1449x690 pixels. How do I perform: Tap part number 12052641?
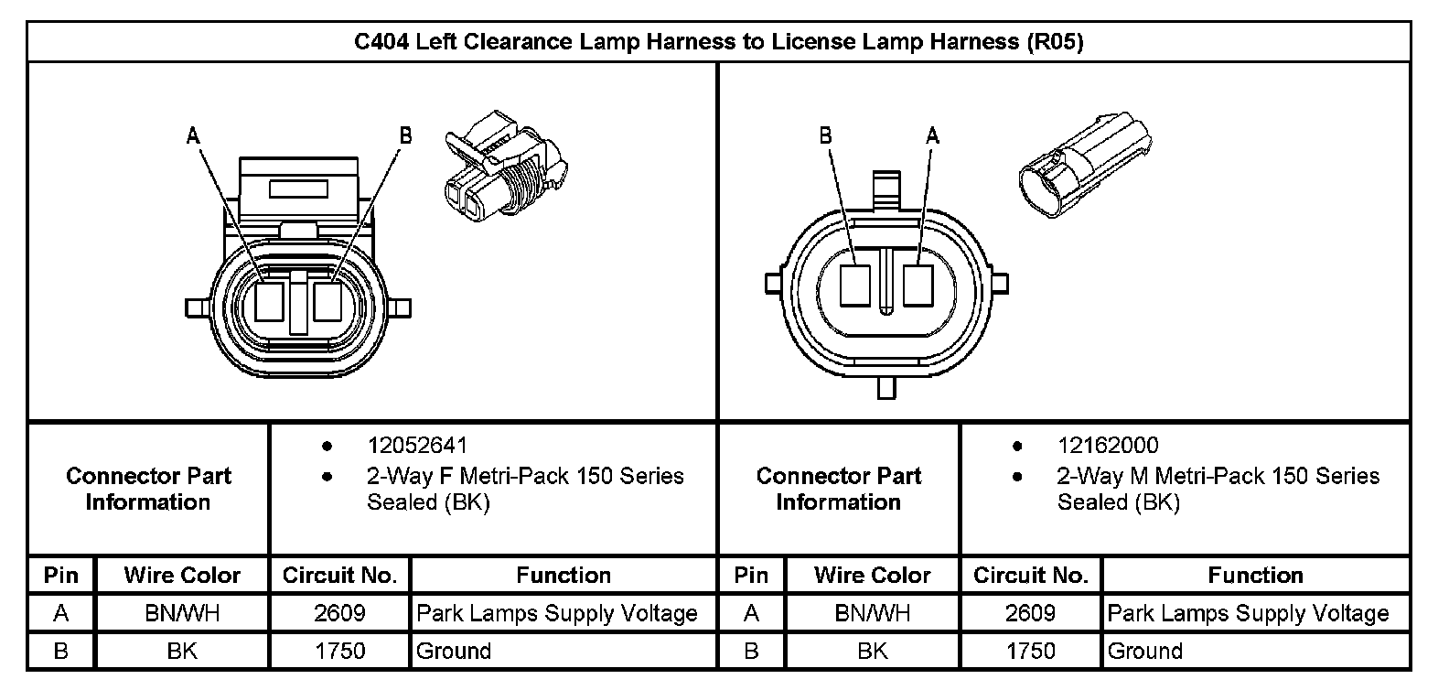417,446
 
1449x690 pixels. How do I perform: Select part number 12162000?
1108,446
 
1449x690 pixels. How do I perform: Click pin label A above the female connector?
193,136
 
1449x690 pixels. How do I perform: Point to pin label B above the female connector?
406,136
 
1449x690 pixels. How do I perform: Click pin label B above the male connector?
826,136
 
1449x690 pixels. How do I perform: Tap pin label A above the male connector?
932,136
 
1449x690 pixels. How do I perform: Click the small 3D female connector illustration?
506,166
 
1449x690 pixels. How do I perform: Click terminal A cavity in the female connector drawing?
269,301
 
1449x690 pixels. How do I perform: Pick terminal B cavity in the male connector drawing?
855,286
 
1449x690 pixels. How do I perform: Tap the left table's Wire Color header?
182,576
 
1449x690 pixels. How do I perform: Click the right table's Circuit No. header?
1030,576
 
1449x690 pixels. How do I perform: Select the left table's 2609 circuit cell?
339,613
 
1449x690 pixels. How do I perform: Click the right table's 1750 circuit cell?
1030,651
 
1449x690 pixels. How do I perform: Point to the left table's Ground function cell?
454,651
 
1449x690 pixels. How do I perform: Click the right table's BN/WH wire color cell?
872,613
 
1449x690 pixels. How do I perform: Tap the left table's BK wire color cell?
182,651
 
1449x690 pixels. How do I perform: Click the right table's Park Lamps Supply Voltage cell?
1248,613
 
